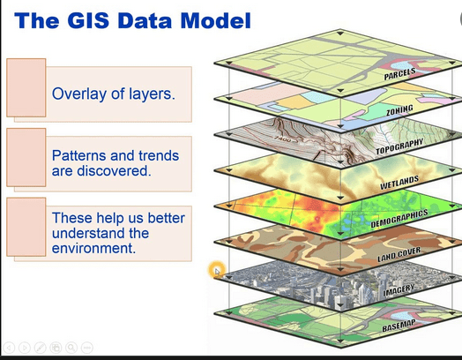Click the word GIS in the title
pyautogui.click(x=88, y=20)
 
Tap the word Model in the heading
pyautogui.click(x=215, y=20)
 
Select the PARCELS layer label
pyautogui.click(x=399, y=74)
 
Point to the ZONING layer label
pyautogui.click(x=399, y=110)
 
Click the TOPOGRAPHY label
pyautogui.click(x=399, y=146)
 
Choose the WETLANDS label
pyautogui.click(x=399, y=183)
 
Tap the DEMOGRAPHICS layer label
pyautogui.click(x=399, y=219)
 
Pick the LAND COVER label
pyautogui.click(x=399, y=254)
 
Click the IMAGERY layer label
pyautogui.click(x=399, y=290)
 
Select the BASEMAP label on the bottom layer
pyautogui.click(x=399, y=326)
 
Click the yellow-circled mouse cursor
pyautogui.click(x=217, y=270)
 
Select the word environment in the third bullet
pyautogui.click(x=93, y=248)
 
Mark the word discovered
pyautogui.click(x=114, y=170)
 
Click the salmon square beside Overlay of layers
pyautogui.click(x=26, y=87)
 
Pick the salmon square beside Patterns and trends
pyautogui.click(x=26, y=157)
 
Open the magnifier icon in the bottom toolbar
pyautogui.click(x=71, y=348)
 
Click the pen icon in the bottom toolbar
pyautogui.click(x=41, y=348)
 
